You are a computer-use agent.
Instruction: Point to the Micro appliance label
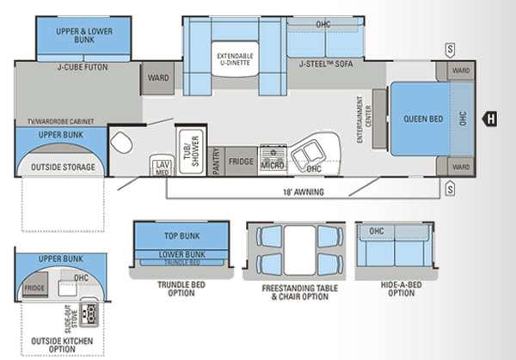coord(273,163)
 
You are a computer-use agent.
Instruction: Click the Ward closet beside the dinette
coord(157,77)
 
